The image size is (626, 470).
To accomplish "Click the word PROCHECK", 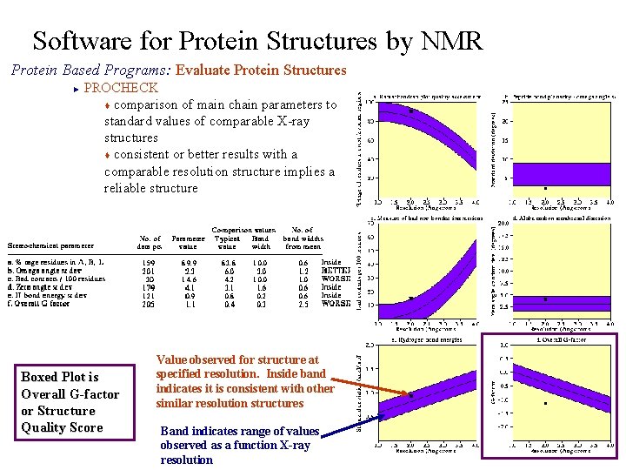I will [x=121, y=87].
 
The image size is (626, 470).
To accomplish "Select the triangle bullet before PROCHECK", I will [x=76, y=88].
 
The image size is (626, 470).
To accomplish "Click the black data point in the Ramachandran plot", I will [x=410, y=111].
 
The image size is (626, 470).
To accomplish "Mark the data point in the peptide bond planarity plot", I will [x=544, y=188].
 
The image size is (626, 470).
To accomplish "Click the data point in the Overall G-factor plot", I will [x=544, y=403].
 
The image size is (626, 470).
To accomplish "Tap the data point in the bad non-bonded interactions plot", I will [x=410, y=299].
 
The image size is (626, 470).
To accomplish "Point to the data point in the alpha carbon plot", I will [x=544, y=299].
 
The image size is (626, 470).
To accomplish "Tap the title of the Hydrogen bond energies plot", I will [x=423, y=339].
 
